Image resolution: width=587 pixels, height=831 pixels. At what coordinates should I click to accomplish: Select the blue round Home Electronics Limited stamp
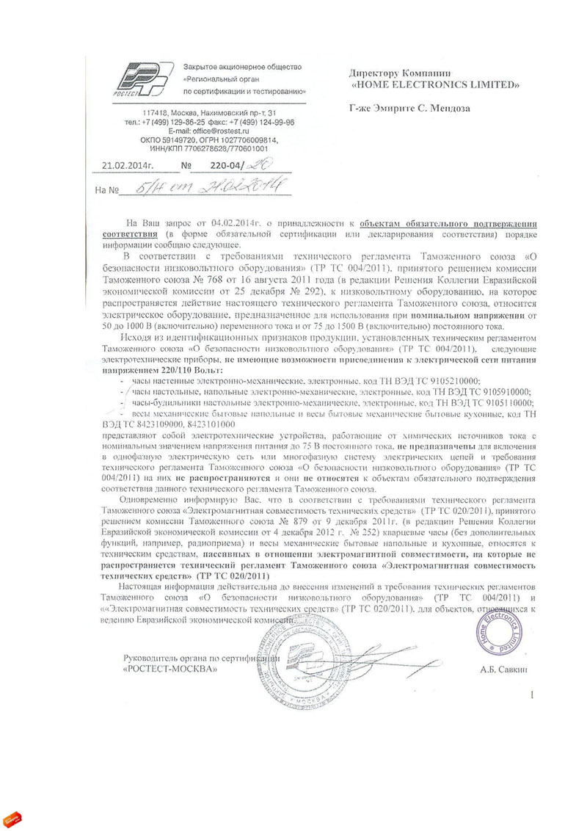tap(501, 617)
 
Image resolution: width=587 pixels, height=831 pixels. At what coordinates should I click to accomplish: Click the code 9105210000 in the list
tap(448, 382)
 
